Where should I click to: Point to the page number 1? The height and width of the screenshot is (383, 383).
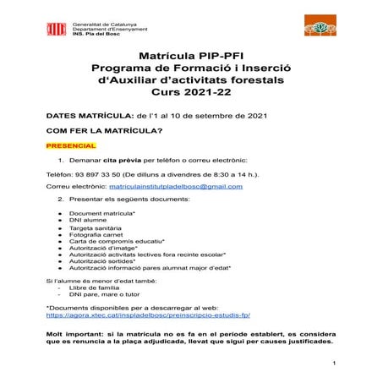[x=335, y=364]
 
